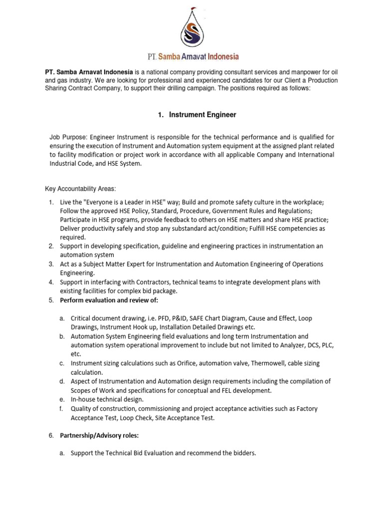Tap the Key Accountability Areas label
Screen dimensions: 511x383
coord(80,189)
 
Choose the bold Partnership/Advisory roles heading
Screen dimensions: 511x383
coord(100,435)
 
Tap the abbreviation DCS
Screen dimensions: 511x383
coord(284,345)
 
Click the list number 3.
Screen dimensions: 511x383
coord(51,264)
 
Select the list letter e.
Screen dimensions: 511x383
coord(61,399)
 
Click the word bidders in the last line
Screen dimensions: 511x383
coord(243,453)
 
